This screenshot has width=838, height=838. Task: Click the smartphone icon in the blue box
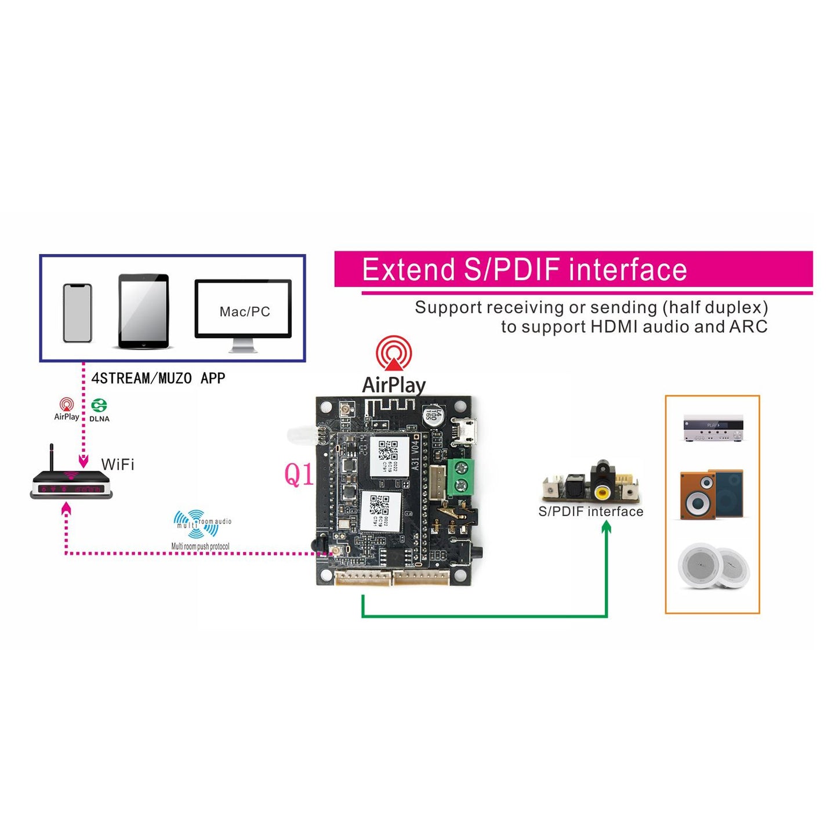click(77, 313)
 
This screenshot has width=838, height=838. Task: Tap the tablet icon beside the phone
click(144, 311)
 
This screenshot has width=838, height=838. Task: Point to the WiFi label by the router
click(118, 465)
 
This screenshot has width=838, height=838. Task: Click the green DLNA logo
click(99, 405)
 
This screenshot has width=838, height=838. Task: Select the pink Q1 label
click(299, 474)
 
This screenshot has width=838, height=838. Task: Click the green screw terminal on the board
click(462, 476)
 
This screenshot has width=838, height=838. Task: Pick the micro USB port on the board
click(465, 431)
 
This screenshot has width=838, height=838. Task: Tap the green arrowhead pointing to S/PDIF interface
click(606, 527)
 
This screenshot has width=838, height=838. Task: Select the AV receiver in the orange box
click(713, 428)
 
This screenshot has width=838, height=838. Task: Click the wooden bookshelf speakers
click(712, 495)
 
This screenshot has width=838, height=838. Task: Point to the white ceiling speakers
click(713, 566)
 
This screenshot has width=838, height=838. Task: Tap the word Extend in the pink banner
click(408, 270)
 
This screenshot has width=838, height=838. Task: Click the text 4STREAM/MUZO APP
click(158, 379)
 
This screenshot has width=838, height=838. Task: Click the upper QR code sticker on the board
click(385, 455)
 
